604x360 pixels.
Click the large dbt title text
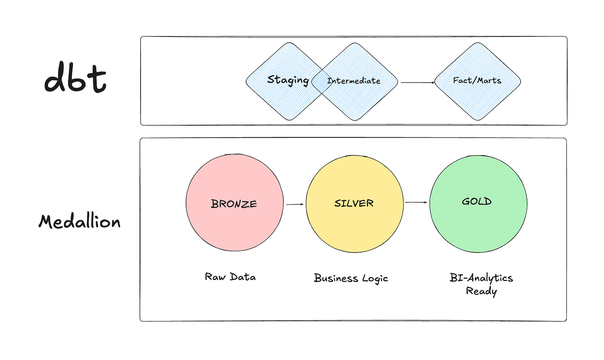click(x=75, y=78)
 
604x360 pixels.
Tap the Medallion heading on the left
click(x=80, y=221)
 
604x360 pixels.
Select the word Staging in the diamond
click(x=288, y=80)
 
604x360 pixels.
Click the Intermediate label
click(x=353, y=81)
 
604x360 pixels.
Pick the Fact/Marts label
click(x=477, y=80)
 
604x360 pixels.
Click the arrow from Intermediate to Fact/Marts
click(x=417, y=83)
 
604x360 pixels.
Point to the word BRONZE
click(x=234, y=204)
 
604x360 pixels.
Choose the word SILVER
click(x=354, y=203)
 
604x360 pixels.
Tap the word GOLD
click(x=477, y=202)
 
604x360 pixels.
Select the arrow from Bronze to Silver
click(x=295, y=204)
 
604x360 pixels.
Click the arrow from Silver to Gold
click(x=416, y=202)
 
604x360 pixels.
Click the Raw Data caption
click(x=230, y=277)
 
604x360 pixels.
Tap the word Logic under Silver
click(x=375, y=279)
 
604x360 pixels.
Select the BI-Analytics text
click(x=481, y=278)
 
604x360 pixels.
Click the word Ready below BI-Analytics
click(x=481, y=291)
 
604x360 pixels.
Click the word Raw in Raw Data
click(x=215, y=277)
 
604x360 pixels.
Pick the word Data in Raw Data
click(x=243, y=277)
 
